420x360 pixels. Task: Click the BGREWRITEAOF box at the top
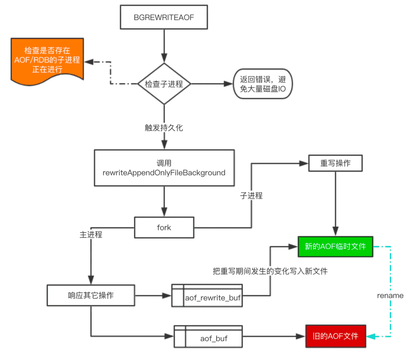coord(164,18)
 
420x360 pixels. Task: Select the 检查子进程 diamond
coord(164,84)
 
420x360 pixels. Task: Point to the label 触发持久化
coord(164,128)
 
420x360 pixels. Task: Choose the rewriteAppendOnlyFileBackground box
coord(164,168)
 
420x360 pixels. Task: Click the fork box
coord(164,227)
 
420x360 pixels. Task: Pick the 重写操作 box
coord(336,163)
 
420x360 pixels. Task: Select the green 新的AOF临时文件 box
coord(336,247)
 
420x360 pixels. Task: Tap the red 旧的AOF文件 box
coord(336,336)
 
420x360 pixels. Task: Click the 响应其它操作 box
coord(91,295)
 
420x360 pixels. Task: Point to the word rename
coord(390,295)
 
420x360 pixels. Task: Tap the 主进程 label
coord(91,235)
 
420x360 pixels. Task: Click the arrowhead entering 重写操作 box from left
coord(304,163)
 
